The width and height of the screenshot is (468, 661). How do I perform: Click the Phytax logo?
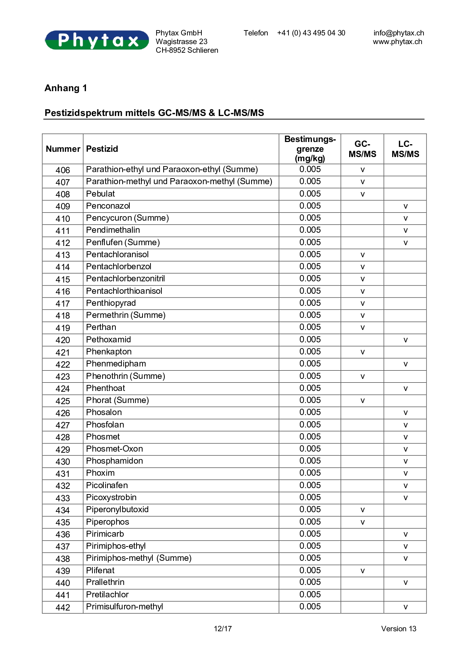97,40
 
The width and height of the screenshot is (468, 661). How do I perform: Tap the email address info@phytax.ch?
399,33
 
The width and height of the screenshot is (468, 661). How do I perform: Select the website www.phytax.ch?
397,42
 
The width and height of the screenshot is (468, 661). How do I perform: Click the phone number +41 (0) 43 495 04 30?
311,33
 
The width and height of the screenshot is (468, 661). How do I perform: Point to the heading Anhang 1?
66,88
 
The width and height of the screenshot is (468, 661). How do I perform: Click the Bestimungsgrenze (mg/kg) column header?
310,149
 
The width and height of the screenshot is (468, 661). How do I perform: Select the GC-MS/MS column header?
362,149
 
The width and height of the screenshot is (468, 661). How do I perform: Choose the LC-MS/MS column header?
405,149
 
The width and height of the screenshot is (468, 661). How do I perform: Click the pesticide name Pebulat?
101,194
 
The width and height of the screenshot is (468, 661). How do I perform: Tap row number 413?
63,255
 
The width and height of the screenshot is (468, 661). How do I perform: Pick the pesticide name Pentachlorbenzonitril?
126,279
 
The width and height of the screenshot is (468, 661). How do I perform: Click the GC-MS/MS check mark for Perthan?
362,328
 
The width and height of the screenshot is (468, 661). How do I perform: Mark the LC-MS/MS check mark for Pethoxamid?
405,340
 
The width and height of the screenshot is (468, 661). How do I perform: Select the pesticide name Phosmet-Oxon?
115,449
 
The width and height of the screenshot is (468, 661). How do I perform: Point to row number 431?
63,474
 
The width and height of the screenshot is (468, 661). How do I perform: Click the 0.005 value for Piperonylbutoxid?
310,510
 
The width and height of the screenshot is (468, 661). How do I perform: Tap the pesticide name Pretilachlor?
107,595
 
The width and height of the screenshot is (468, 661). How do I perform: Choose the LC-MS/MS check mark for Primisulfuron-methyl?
405,607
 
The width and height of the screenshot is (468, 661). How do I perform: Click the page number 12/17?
223,629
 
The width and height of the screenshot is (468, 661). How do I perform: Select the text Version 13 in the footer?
399,629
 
